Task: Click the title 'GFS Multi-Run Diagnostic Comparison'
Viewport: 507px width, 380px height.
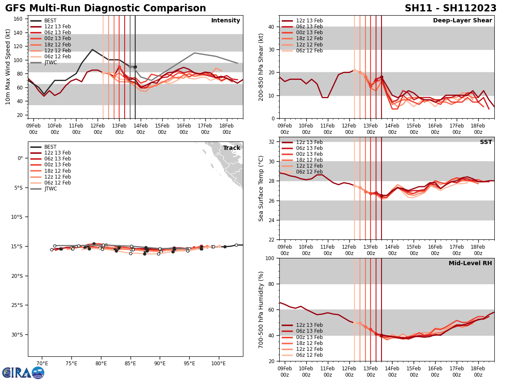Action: click(x=106, y=8)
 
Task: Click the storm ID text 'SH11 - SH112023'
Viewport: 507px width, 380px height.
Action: click(x=450, y=8)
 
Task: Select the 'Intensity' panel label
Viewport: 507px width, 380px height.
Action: click(x=226, y=21)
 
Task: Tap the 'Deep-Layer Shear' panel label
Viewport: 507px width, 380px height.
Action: click(x=462, y=21)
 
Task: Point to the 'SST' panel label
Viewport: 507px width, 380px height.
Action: click(x=486, y=142)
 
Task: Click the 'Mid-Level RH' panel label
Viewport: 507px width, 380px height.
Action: click(x=470, y=263)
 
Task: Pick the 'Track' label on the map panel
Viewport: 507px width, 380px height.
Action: click(x=232, y=148)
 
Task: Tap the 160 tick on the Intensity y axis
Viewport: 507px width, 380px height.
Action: click(x=19, y=19)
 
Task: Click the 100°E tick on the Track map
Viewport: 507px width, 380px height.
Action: click(x=218, y=364)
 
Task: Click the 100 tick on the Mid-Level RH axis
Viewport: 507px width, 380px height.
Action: click(x=270, y=258)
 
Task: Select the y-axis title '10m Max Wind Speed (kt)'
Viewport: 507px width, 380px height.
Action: click(x=8, y=67)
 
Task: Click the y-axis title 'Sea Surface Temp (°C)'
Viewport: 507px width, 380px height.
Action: click(x=261, y=188)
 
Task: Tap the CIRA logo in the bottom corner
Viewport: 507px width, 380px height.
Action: click(x=23, y=372)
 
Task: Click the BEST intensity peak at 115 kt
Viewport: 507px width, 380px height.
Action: click(x=92, y=49)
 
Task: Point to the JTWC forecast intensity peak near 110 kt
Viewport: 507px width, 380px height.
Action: click(x=194, y=53)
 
